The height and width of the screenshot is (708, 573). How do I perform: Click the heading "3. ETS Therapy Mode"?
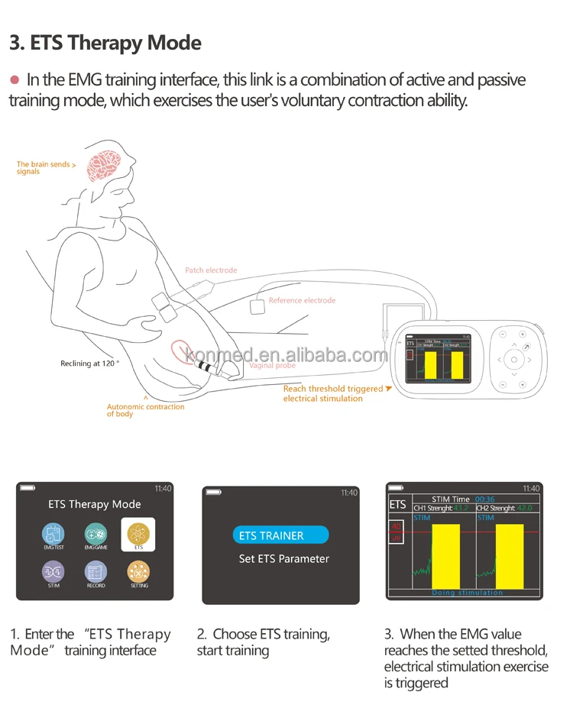[x=105, y=42]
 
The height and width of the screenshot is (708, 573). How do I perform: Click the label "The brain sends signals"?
[x=45, y=167]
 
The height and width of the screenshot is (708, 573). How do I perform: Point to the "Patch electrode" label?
[x=211, y=270]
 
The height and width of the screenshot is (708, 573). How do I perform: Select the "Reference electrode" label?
[x=302, y=301]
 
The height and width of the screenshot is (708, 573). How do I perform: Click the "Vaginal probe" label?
[x=272, y=366]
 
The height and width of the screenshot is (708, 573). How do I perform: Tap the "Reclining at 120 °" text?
[x=89, y=364]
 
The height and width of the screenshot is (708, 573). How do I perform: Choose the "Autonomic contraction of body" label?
[x=145, y=410]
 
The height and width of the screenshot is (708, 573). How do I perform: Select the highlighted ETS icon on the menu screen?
[x=138, y=534]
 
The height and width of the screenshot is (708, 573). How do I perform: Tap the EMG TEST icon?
[x=53, y=534]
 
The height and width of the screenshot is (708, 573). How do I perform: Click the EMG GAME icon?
[x=95, y=534]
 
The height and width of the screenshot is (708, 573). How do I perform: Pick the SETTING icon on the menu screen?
[x=138, y=571]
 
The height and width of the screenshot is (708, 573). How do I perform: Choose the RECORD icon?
[x=95, y=571]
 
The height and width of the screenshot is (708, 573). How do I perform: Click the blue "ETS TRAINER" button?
[x=280, y=535]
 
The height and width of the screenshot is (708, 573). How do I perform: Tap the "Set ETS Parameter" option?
[x=283, y=559]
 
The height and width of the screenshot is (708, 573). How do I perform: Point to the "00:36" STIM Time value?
[x=484, y=499]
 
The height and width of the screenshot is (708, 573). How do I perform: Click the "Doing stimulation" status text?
[x=467, y=593]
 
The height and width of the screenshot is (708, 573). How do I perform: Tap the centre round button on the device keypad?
[x=513, y=359]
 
